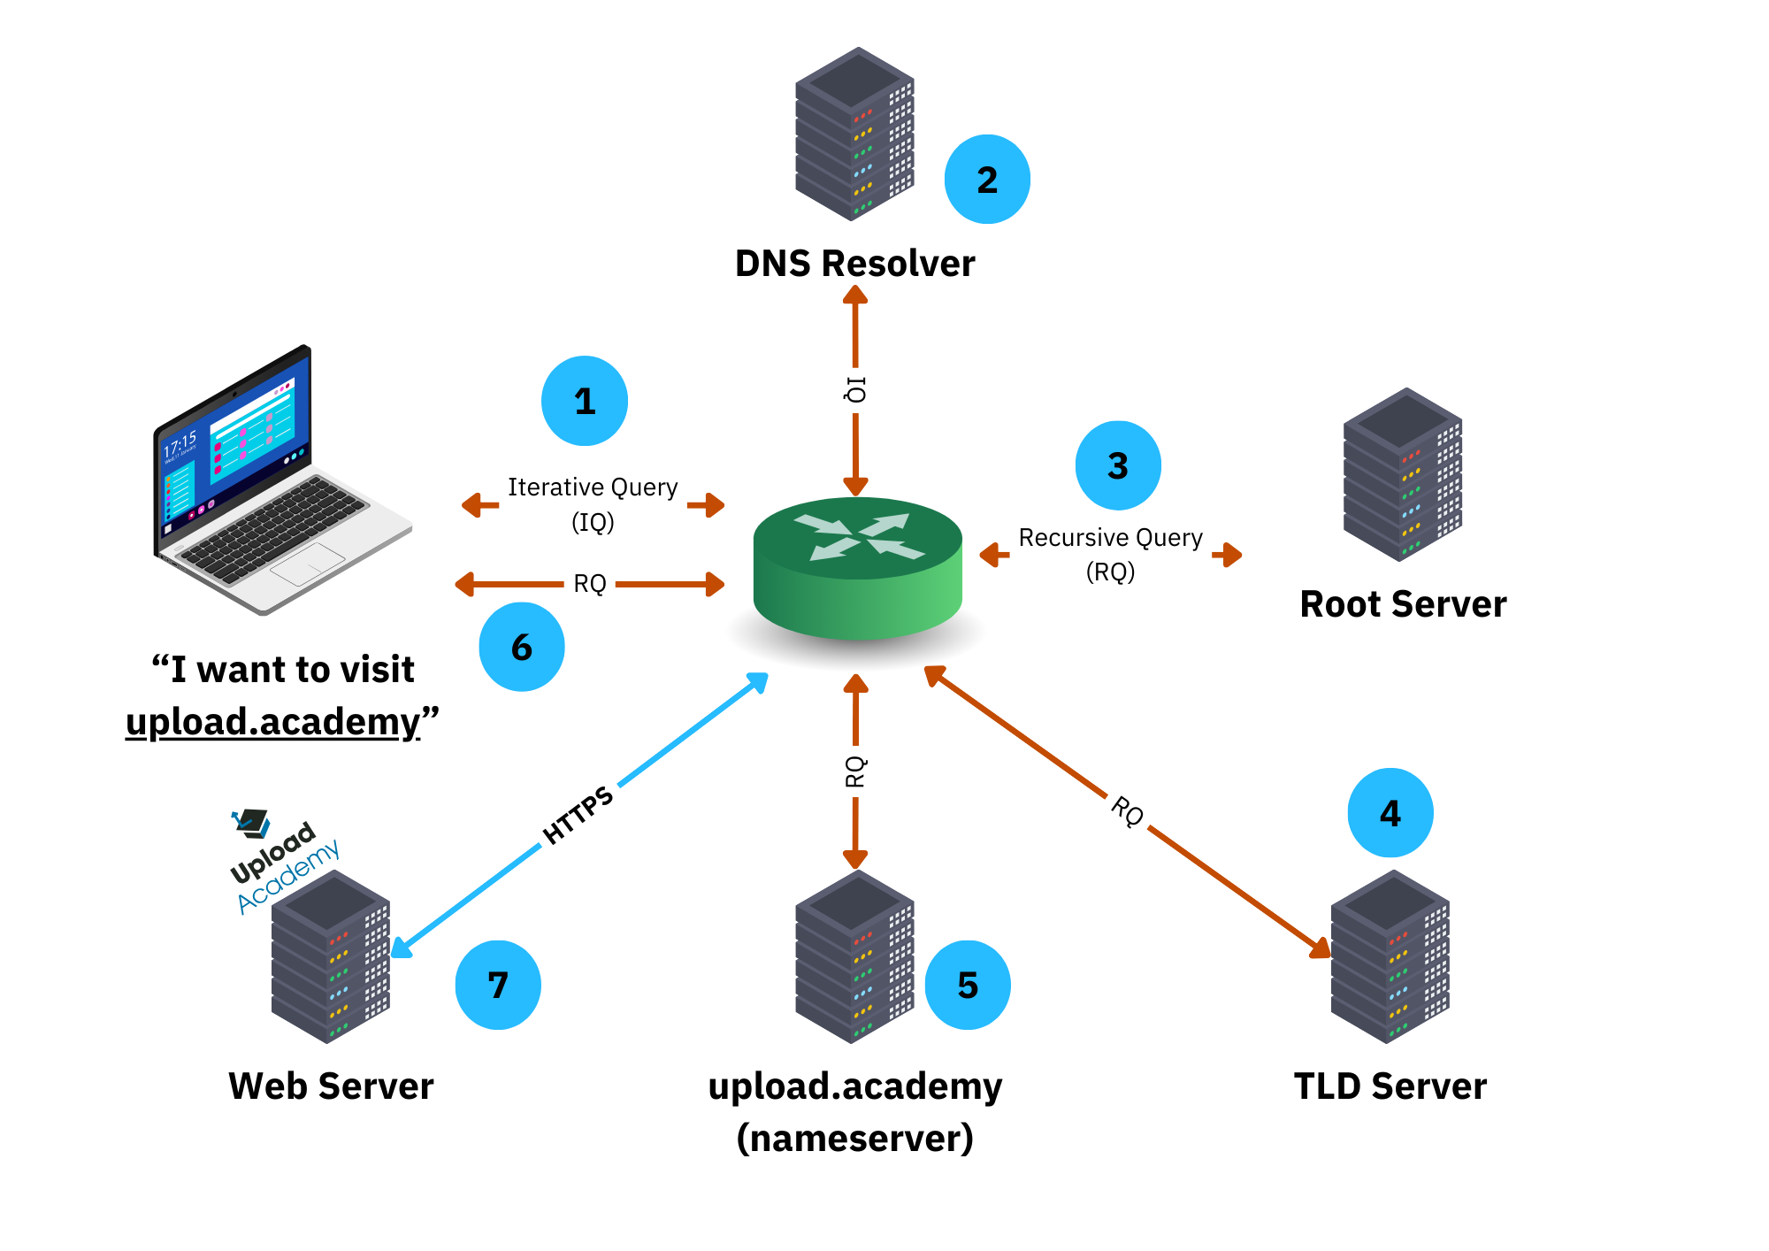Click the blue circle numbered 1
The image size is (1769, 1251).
(x=585, y=401)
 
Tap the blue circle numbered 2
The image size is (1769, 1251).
(x=987, y=180)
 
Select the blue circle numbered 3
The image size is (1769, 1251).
(x=1118, y=465)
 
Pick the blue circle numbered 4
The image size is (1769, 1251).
(x=1390, y=812)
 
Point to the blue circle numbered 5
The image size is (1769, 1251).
(x=968, y=985)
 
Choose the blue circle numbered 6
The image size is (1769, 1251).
(x=522, y=647)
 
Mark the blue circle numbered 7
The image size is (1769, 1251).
(x=498, y=985)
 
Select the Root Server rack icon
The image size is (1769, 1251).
(x=1403, y=475)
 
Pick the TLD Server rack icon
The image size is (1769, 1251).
(x=1390, y=957)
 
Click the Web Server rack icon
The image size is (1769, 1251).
(x=330, y=957)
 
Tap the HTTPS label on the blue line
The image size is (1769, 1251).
(x=578, y=815)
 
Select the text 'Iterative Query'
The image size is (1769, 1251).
(x=593, y=487)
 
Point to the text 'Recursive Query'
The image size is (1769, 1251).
(x=1110, y=538)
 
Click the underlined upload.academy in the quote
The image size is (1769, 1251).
(x=273, y=722)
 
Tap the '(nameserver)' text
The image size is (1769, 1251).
(x=854, y=1138)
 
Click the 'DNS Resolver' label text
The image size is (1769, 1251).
(x=854, y=264)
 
